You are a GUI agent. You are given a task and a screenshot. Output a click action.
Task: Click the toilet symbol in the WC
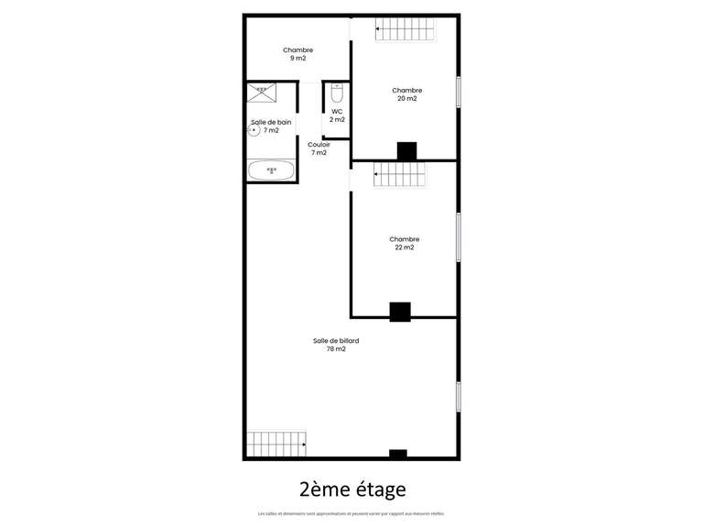point(337,94)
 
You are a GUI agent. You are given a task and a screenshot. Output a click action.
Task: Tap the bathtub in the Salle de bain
point(271,170)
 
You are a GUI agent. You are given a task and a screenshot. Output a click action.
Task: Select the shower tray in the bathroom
point(263,92)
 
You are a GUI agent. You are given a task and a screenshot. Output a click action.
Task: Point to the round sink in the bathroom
point(253,130)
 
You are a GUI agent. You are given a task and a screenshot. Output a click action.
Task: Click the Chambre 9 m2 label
point(297,54)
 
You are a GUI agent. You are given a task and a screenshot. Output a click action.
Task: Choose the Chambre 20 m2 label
point(406,94)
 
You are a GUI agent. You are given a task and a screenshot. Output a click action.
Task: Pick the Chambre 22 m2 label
point(404,243)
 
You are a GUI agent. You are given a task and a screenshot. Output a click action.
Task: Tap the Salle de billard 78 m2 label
point(335,345)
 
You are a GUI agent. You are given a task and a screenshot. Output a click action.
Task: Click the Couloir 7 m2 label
point(319,148)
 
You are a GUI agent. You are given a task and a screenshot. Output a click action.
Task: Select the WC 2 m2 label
point(337,115)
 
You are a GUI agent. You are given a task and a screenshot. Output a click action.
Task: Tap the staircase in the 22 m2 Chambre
point(399,174)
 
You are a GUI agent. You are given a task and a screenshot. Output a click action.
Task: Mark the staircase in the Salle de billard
point(277,444)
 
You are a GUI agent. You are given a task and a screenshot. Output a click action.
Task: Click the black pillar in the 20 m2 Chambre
point(406,151)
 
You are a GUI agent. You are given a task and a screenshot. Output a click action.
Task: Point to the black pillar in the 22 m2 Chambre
point(400,312)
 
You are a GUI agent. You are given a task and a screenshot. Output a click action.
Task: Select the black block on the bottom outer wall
point(397,454)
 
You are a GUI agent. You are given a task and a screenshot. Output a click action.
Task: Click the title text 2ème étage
point(351,489)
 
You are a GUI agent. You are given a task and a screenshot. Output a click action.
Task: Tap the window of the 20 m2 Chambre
point(458,92)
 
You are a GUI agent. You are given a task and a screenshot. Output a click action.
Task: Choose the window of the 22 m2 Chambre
point(458,237)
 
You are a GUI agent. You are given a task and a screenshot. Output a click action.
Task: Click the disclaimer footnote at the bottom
point(351,513)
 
